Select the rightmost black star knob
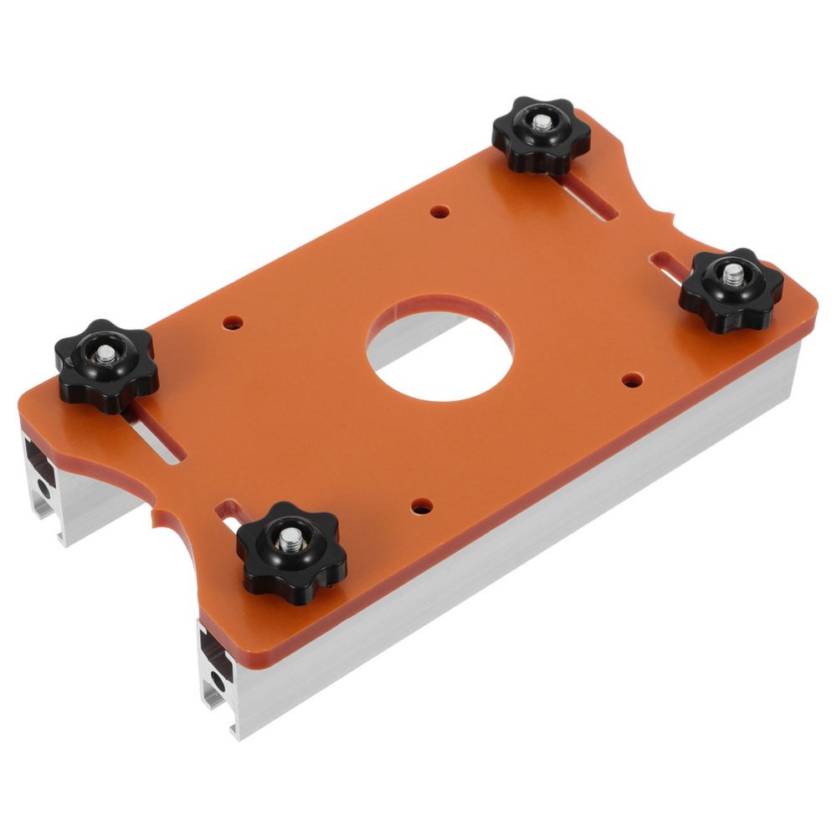click(x=730, y=290)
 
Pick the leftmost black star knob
click(x=106, y=366)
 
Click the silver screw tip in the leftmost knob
click(x=107, y=353)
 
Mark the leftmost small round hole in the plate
click(x=234, y=321)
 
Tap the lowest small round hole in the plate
click(x=422, y=506)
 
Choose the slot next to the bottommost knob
click(x=227, y=511)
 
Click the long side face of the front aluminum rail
click(x=519, y=544)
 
